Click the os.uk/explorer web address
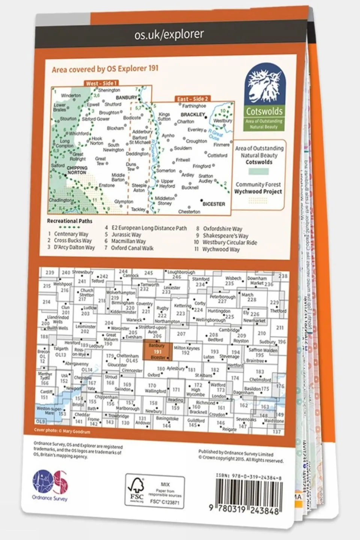pos(169,35)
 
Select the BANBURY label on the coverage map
pos(127,98)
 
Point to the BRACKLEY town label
pos(193,114)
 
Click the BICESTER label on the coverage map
pos(214,204)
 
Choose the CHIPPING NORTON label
pos(77,170)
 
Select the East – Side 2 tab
pos(193,99)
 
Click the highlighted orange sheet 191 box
pos(158,351)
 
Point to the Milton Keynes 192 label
pos(186,350)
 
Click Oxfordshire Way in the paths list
pos(222,229)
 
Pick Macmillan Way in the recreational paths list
pos(128,241)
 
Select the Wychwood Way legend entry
pos(221,249)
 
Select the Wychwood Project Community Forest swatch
pos(258,201)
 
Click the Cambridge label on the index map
pos(229,330)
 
